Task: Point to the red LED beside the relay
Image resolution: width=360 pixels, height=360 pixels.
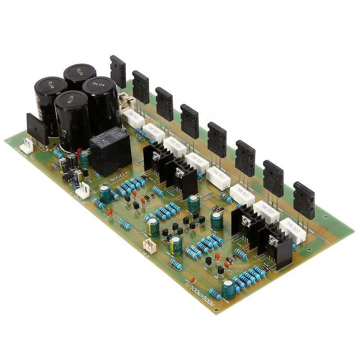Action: [79, 152]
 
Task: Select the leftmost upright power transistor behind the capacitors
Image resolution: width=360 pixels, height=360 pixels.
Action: [118, 71]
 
